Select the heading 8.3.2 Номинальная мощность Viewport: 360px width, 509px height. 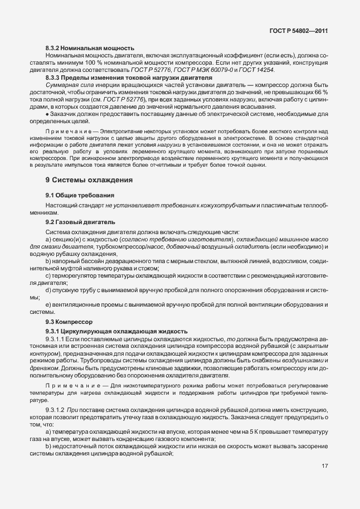tap(89, 49)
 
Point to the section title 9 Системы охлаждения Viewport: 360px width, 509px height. tap(89, 180)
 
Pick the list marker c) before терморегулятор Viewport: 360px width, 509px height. tap(48, 275)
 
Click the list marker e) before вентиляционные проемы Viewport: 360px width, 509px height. tap(48, 305)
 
